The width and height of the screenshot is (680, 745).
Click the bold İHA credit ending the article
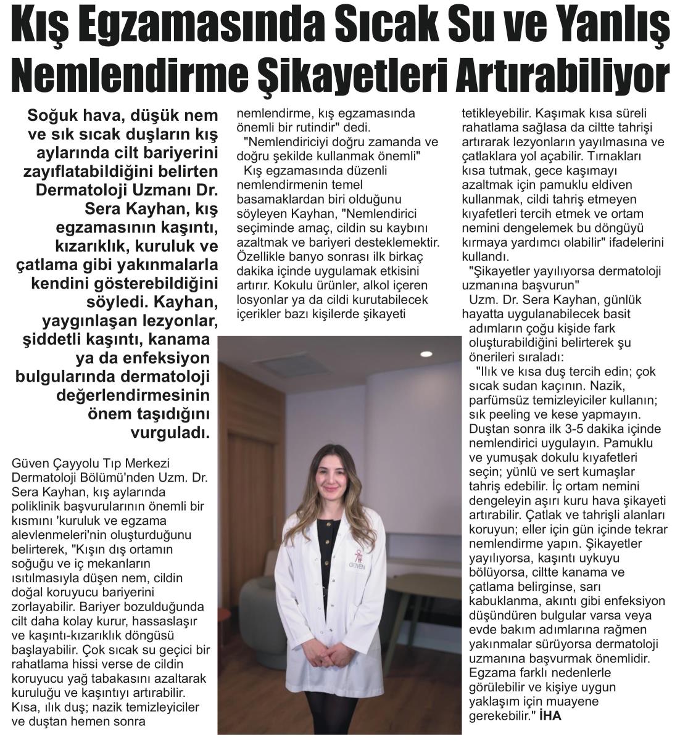550,716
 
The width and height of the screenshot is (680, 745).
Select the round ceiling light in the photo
426,354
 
